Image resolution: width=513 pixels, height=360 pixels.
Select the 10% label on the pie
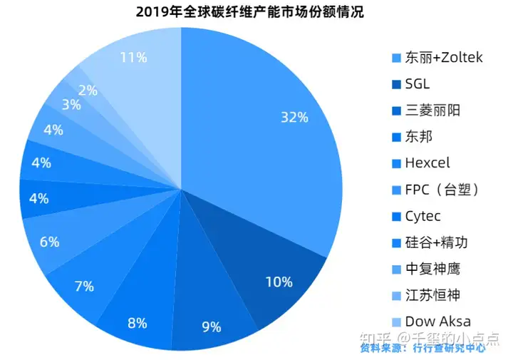tap(279, 282)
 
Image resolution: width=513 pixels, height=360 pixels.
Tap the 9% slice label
tap(212, 327)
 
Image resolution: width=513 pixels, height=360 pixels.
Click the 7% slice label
tap(84, 287)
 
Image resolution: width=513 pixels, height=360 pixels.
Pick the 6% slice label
tap(49, 242)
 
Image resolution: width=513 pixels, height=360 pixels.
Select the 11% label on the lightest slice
tap(133, 57)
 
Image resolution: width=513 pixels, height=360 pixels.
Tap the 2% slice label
tap(88, 91)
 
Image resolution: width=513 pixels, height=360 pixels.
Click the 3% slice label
tap(71, 105)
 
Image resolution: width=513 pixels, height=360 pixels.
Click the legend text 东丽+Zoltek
tap(443, 57)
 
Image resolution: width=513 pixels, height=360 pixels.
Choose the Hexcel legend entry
tap(427, 163)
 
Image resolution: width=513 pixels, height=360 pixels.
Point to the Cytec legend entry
tap(423, 215)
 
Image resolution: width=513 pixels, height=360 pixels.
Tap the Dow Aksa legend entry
tap(437, 321)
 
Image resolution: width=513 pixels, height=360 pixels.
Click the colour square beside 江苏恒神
tap(396, 295)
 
